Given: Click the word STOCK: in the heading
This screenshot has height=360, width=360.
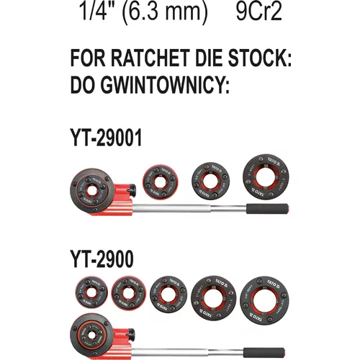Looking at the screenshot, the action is coord(260,58).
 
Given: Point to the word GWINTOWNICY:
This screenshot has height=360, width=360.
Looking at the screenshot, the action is coord(165,85).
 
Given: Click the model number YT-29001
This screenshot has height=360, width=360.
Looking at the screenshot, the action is coord(106,138).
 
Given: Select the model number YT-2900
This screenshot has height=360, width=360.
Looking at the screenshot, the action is coord(102,258).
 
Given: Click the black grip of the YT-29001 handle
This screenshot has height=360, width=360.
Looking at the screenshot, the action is coord(267,209).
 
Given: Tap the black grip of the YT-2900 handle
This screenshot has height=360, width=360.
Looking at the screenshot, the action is coord(264,353).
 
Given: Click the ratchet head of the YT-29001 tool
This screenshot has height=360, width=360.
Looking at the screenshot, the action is coord(92,191).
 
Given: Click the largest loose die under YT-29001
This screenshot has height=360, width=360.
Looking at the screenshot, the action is coord(266,177).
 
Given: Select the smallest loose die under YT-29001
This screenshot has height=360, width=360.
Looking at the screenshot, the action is coord(161,181).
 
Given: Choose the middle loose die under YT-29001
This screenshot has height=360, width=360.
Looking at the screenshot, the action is coord(210,181).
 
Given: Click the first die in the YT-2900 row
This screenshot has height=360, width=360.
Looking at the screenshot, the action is coord(91,292).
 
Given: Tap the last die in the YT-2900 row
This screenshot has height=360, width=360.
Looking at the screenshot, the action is coord(264,300).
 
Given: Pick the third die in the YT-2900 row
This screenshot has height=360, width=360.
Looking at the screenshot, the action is coord(168,294).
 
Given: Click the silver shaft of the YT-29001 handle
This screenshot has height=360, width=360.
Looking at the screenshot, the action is coord(189,208).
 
